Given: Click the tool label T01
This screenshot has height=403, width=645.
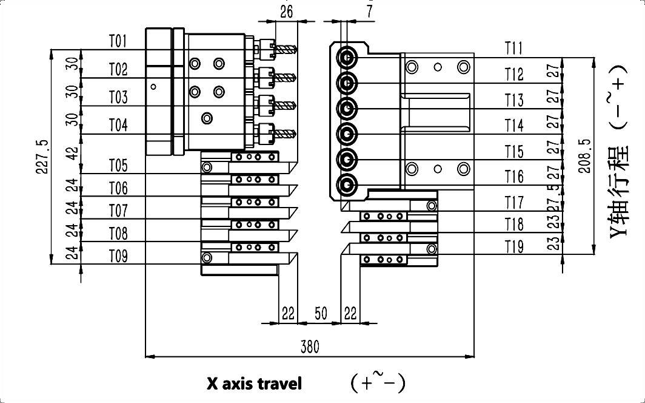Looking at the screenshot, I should click(x=118, y=41).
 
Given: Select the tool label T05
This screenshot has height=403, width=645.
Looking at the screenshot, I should click(x=118, y=166).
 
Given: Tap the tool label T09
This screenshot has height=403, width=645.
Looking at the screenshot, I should click(x=118, y=256).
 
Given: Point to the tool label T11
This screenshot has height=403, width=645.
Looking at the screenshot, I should click(x=513, y=48).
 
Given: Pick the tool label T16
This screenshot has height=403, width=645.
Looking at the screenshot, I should click(x=513, y=177).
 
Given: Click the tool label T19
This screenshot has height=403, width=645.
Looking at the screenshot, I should click(x=513, y=246).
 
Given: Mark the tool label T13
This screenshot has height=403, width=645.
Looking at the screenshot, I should click(x=513, y=100).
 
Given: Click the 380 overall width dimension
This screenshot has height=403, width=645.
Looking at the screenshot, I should click(x=310, y=347).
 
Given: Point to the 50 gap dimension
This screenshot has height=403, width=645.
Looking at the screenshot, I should click(x=321, y=313).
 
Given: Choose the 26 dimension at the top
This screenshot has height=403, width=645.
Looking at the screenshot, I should click(x=287, y=10).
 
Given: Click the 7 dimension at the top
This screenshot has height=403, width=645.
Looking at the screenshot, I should click(x=369, y=10).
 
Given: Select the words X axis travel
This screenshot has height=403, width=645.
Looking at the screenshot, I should click(x=254, y=384).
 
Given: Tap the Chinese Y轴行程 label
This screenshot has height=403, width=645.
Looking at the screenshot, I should click(x=617, y=194).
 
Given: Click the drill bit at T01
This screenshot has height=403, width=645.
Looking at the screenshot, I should click(x=285, y=48).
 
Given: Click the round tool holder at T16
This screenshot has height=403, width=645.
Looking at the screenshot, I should click(x=347, y=183).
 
